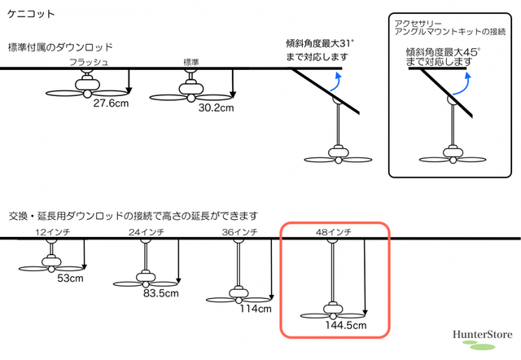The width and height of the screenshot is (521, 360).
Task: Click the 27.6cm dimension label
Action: [111, 103]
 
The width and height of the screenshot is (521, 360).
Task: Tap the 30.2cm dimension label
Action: [216, 108]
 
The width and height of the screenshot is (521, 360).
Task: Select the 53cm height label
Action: [70, 279]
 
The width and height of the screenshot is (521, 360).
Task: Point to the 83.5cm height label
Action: [161, 293]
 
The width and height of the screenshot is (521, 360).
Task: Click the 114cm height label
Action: [256, 309]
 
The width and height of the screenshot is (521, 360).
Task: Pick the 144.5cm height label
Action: [346, 325]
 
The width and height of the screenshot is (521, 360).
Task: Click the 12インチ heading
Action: [53, 232]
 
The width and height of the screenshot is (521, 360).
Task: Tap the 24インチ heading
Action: [147, 232]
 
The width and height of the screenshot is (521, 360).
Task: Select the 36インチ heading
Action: [239, 232]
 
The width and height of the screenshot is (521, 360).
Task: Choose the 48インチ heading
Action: [333, 232]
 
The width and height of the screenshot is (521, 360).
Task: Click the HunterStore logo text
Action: [483, 335]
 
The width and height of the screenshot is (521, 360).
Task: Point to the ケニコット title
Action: [31, 14]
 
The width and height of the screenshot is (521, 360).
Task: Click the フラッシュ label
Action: [89, 62]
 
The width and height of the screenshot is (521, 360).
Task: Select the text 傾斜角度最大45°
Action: [443, 52]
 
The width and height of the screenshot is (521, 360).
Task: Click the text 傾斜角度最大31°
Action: [320, 43]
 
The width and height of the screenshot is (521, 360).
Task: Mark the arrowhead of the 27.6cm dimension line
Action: [129, 90]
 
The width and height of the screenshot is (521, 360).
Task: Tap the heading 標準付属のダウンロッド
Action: [60, 47]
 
